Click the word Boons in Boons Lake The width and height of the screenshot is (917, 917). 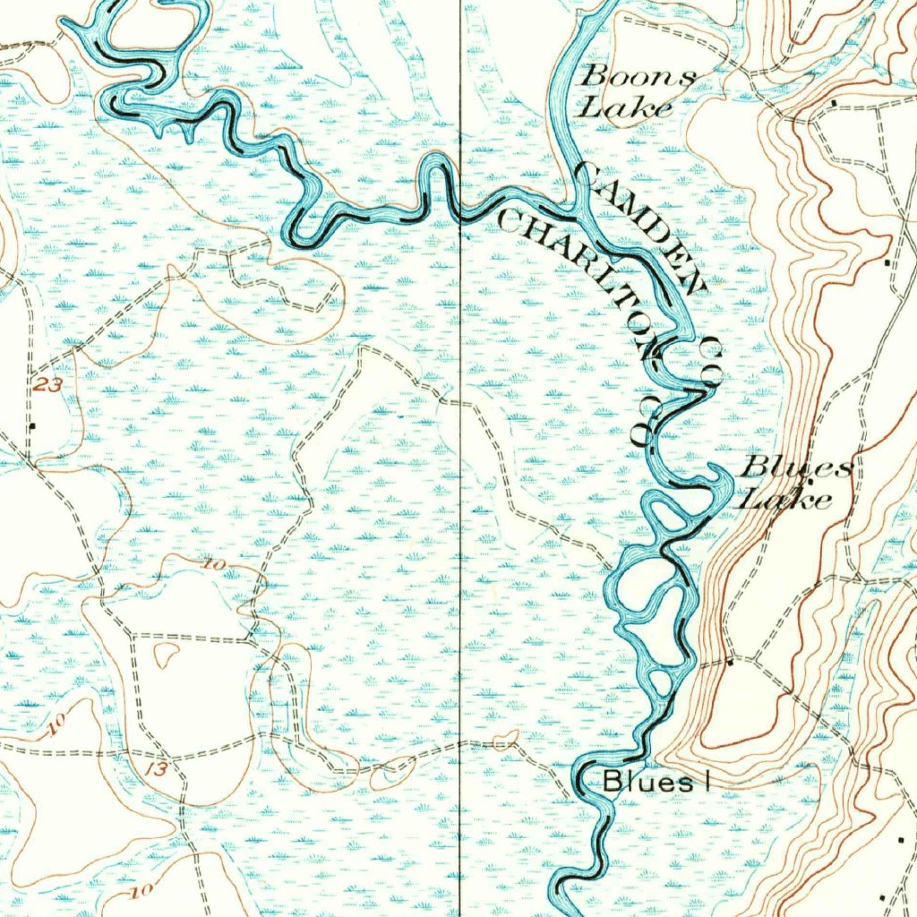(x=638, y=77)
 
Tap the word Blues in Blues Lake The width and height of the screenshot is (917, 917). (x=797, y=467)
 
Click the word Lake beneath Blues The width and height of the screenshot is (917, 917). (x=784, y=498)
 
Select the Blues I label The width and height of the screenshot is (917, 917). (x=656, y=781)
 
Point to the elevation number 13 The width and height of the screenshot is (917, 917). (x=159, y=768)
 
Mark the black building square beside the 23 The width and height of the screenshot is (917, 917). (x=32, y=426)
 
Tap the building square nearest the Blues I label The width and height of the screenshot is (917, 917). (x=730, y=663)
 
